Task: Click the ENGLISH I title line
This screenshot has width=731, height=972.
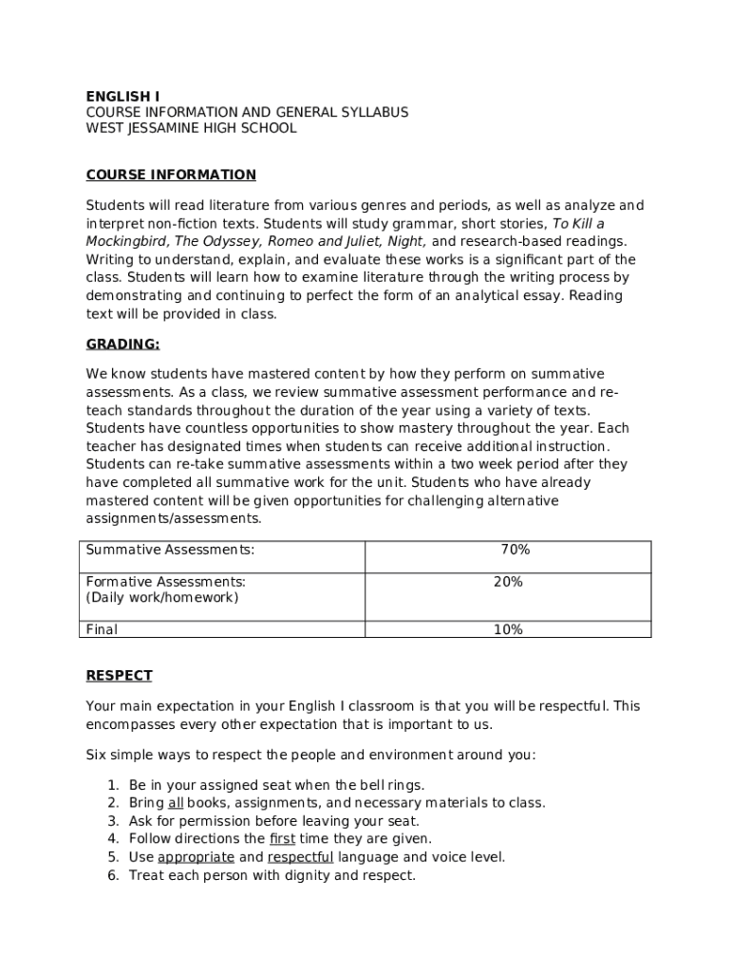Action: click(122, 96)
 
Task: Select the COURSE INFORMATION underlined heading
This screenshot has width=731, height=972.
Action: click(171, 175)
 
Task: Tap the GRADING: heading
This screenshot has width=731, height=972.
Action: click(122, 344)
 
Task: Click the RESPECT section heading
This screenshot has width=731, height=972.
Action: click(119, 676)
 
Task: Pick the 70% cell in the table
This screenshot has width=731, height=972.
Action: click(515, 550)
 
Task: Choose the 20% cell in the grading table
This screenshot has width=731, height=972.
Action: click(508, 582)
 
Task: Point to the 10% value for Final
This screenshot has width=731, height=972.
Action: click(508, 629)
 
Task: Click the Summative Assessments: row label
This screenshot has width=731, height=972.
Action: click(170, 550)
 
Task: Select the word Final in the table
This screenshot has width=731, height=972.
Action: click(102, 629)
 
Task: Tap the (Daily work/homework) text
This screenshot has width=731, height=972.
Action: click(162, 598)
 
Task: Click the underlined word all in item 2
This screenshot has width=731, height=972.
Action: click(176, 803)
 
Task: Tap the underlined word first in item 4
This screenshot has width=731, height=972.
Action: click(282, 839)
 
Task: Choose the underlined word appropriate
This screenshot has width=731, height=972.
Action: click(196, 857)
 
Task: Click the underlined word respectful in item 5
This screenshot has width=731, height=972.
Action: click(300, 857)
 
